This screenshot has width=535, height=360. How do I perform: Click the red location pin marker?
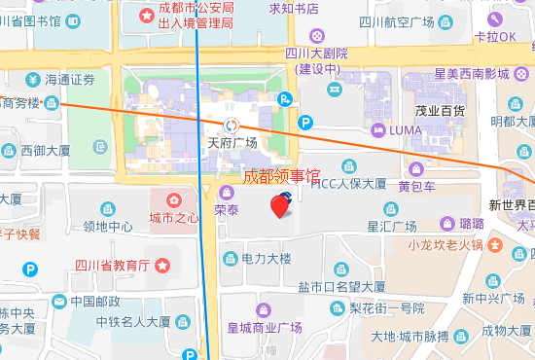(281, 205)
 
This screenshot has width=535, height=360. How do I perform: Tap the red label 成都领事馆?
(281, 177)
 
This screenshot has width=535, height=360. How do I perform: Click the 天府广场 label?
(232, 143)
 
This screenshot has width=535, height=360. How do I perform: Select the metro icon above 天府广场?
(232, 124)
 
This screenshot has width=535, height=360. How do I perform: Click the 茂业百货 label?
(438, 110)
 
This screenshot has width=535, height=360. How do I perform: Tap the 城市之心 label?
(174, 217)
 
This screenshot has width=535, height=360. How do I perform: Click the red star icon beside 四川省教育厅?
(162, 265)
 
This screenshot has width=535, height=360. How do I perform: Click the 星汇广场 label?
(391, 226)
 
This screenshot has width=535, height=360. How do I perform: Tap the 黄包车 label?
(416, 186)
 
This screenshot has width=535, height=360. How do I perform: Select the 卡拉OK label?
(495, 37)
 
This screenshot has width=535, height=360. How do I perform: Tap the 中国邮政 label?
(95, 302)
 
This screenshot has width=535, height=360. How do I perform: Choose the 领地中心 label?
(108, 227)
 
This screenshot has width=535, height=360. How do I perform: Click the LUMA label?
(406, 129)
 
